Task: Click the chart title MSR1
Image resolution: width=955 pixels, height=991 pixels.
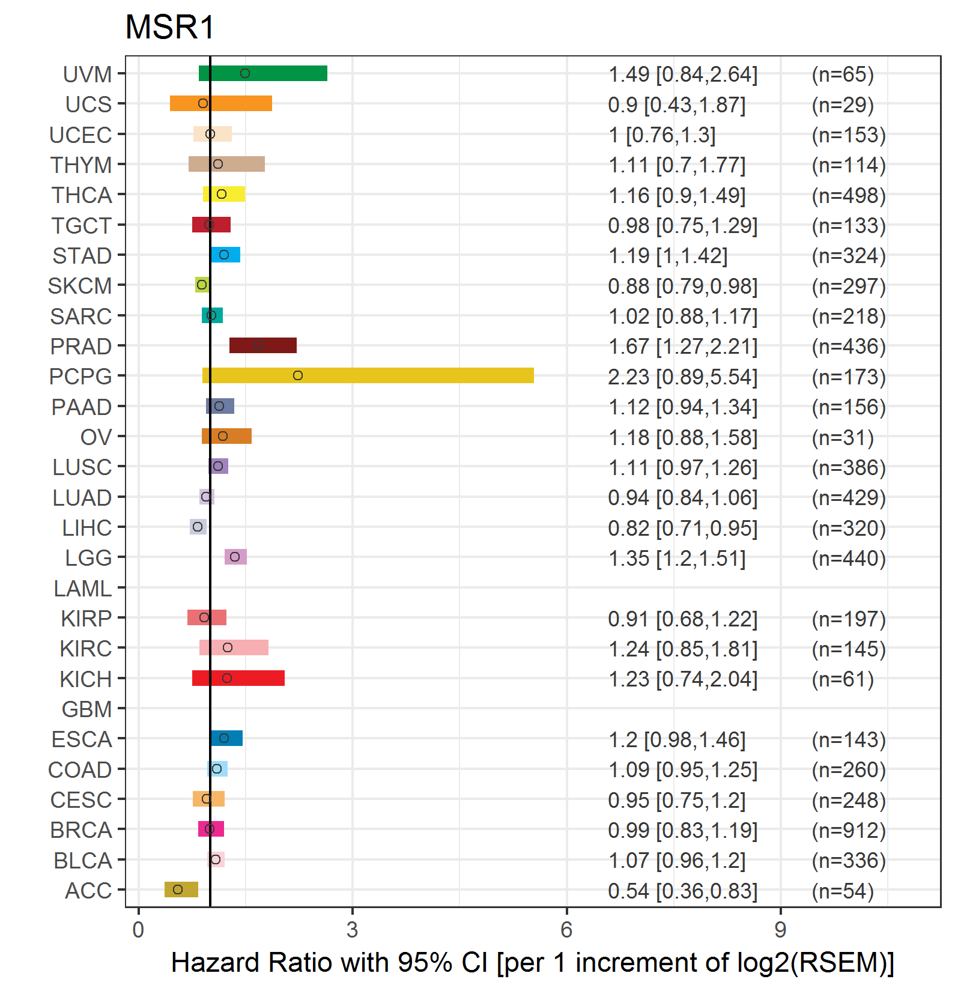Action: point(169,28)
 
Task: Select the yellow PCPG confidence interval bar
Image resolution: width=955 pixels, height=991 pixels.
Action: point(368,375)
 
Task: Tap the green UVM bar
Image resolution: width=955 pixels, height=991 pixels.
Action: point(263,73)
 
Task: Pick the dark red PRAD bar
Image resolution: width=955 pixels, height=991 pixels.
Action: point(263,345)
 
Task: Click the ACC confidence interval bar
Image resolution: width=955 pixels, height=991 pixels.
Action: point(181,889)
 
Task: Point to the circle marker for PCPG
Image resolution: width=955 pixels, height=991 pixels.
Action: point(298,375)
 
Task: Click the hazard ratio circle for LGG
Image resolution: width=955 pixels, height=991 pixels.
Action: point(235,557)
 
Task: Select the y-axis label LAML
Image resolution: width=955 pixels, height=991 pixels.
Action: point(82,589)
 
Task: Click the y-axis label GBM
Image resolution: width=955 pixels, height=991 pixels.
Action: point(86,709)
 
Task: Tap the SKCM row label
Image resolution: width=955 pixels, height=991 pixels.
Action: point(80,286)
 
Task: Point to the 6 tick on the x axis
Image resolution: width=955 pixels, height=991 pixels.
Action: point(566,930)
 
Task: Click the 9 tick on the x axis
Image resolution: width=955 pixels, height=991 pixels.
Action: point(780,930)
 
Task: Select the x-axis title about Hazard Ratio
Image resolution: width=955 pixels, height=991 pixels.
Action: point(533,962)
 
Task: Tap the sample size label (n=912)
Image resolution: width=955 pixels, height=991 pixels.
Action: point(849,830)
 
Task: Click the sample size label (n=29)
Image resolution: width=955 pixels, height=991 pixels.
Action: point(843,105)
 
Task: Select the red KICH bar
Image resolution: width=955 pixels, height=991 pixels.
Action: point(238,678)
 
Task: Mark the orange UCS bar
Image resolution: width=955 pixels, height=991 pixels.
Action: point(221,103)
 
